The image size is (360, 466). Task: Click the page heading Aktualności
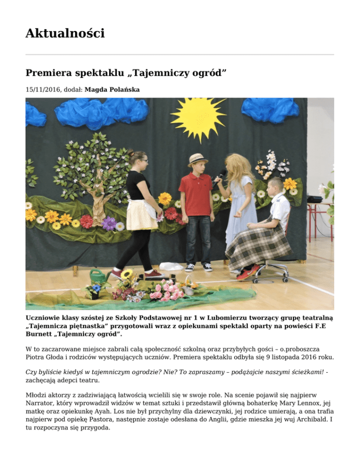65,34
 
